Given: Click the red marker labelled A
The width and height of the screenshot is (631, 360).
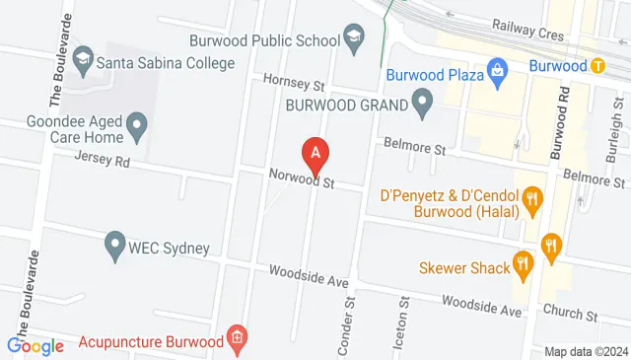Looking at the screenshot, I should [x=315, y=153].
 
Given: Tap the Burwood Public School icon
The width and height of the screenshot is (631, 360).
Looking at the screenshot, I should [x=352, y=39].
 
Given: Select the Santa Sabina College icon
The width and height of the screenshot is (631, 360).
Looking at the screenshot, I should [x=84, y=62].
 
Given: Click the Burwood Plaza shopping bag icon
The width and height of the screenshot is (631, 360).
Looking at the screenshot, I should [x=498, y=72].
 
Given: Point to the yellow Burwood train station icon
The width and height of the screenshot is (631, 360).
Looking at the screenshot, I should [x=598, y=67].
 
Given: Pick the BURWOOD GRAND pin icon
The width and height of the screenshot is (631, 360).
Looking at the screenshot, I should [x=423, y=101].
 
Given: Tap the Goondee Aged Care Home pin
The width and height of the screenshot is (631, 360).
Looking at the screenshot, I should [x=137, y=125].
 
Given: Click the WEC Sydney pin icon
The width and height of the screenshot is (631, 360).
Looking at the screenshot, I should [x=114, y=243].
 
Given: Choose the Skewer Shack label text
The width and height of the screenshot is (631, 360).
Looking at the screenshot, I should [x=463, y=265].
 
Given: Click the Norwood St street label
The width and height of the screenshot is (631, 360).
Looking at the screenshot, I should [x=303, y=179].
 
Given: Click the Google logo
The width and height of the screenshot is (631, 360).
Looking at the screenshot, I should [x=35, y=345].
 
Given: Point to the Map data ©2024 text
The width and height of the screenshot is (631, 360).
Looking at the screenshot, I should [x=586, y=352].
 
